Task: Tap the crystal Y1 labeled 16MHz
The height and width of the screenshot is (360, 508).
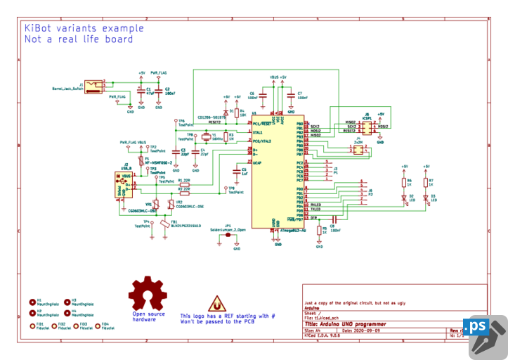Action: pos(206,137)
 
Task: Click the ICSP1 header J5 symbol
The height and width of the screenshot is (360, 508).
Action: pos(366,127)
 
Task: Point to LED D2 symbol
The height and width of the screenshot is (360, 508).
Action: pos(405,199)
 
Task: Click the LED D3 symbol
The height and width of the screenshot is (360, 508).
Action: pos(426,199)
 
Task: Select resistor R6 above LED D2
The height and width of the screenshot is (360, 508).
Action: pos(405,181)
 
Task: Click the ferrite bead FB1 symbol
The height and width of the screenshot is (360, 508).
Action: pos(166,225)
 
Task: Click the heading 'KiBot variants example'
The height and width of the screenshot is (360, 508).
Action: pos(84,28)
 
